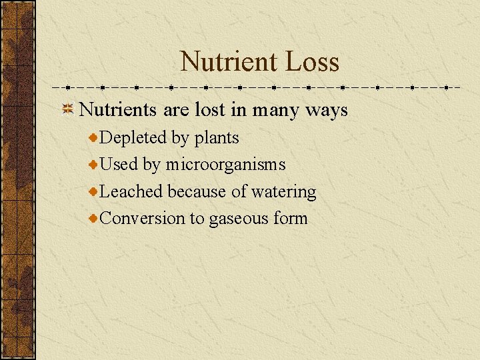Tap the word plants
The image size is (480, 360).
click(217, 139)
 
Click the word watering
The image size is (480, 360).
click(283, 192)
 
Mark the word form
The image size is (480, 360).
click(290, 218)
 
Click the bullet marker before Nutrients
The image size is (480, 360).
click(67, 110)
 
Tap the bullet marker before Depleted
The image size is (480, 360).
click(94, 138)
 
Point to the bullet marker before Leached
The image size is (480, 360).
click(94, 191)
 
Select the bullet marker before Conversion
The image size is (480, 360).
click(94, 218)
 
